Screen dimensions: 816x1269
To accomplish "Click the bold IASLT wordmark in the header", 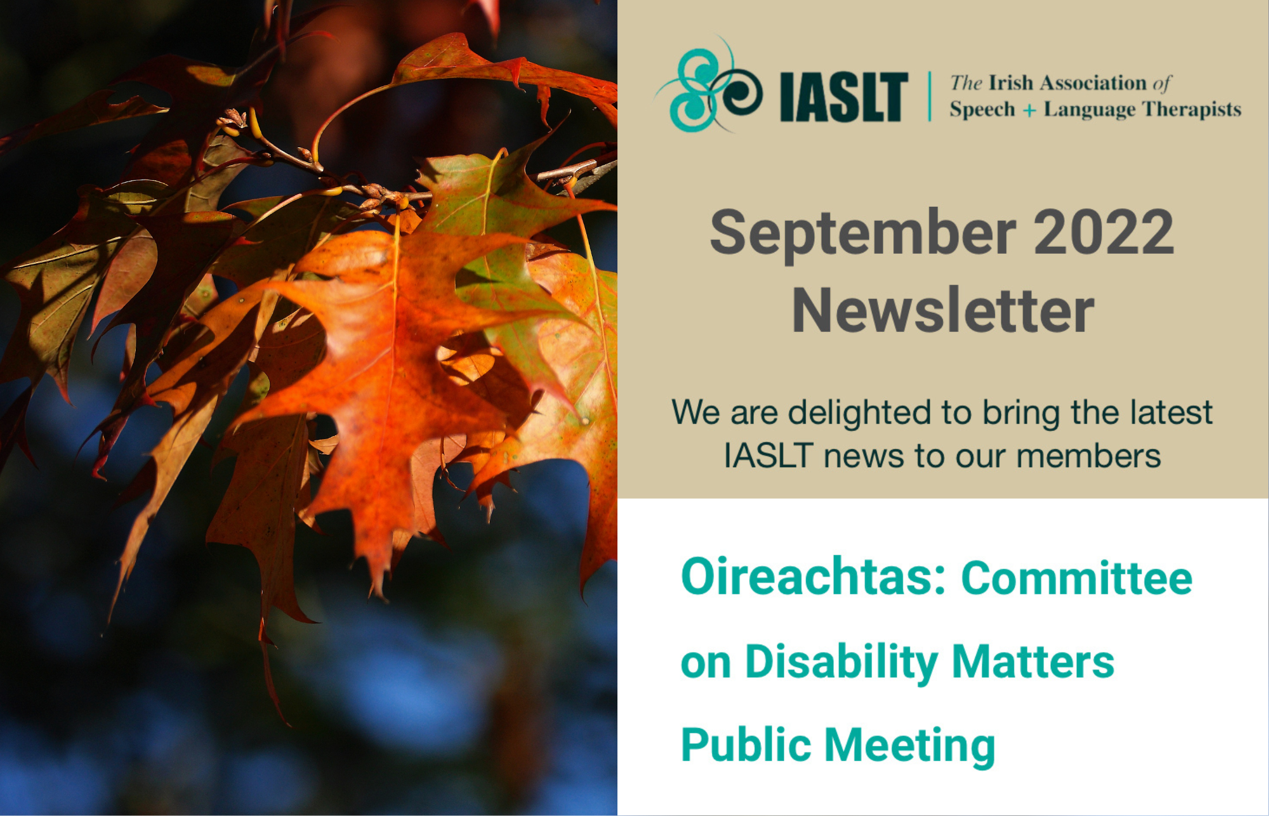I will pos(843,96).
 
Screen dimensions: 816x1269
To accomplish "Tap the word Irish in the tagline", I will pos(1011,83).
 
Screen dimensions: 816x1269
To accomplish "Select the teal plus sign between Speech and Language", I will pos(1029,110).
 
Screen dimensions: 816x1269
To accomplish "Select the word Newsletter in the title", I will pos(943,310).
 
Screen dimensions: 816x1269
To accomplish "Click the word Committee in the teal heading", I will pos(1077,578).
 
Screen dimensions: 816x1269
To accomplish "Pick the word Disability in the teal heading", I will pos(841,662).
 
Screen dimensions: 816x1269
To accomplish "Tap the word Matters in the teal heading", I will pos(1033,662).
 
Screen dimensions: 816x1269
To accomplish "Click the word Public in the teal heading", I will pos(746,745).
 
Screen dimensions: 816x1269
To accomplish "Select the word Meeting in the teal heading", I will pos(910,746).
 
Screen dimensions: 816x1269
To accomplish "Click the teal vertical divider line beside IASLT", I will pos(930,96).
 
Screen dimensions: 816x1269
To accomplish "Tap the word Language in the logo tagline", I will pos(1089,110).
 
